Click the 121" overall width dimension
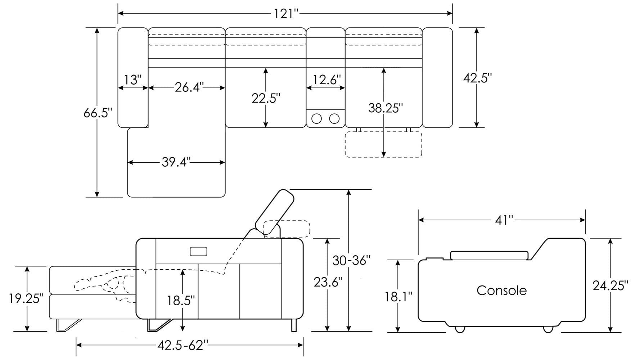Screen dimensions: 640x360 [x=285, y=13]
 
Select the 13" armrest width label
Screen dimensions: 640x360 [x=133, y=80]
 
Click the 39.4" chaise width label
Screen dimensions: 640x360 [x=176, y=162]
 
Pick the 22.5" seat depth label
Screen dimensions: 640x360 [x=266, y=98]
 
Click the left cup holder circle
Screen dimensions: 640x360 [x=316, y=118]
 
